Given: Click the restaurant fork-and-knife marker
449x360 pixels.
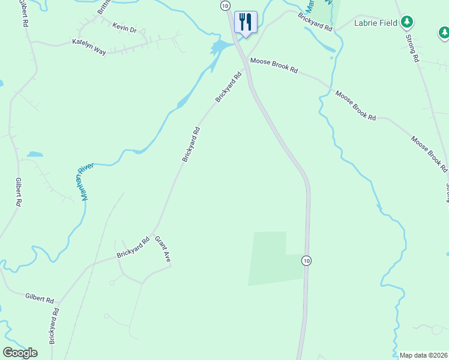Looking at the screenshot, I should point(246,22).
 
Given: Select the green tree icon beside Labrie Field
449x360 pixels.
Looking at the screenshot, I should point(408,22).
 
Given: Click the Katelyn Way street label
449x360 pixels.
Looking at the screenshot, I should point(89,47).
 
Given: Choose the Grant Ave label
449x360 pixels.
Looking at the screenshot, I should point(163,249).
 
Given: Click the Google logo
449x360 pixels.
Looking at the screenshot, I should point(20,353).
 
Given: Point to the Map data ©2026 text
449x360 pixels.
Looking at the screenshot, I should point(424,355).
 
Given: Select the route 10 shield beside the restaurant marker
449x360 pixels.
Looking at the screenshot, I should point(224,5).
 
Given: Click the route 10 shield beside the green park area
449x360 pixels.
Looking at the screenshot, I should point(306,260).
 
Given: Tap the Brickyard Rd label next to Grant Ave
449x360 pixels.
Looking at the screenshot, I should point(133,248).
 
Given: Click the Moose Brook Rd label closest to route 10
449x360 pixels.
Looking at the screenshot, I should point(274,65).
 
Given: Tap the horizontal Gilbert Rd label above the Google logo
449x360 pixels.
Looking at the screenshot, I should point(40,297).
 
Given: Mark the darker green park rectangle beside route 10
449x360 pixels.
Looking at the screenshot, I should point(273,259).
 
